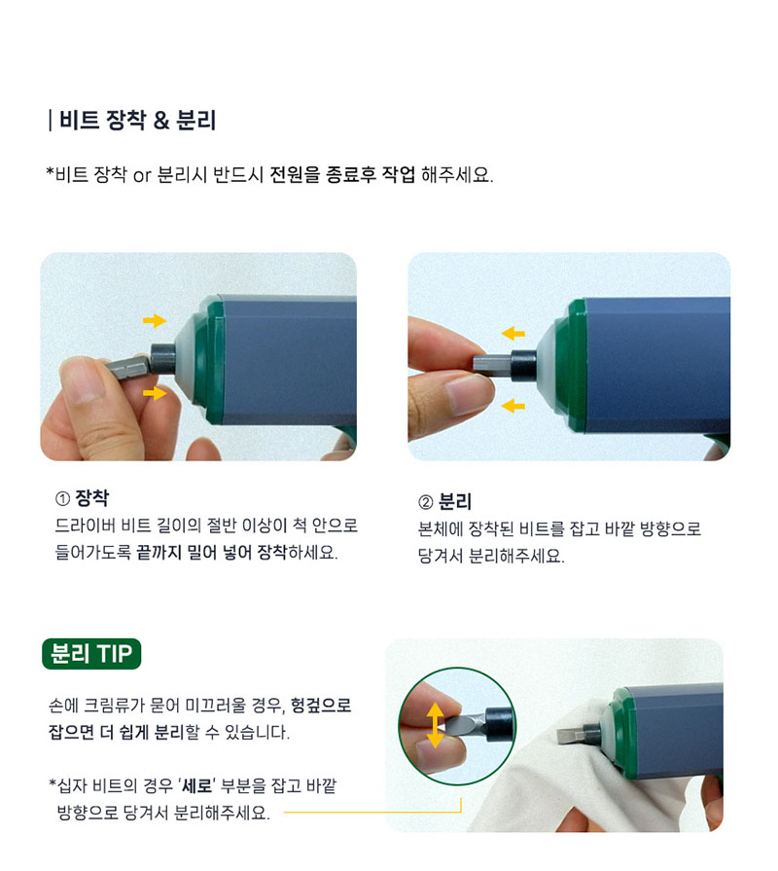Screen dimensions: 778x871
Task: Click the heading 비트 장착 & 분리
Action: [x=138, y=120]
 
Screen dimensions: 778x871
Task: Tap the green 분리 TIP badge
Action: [x=91, y=654]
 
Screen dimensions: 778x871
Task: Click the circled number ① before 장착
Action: [x=62, y=499]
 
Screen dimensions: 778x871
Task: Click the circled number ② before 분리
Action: [x=425, y=503]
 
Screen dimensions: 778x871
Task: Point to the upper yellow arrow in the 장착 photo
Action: [x=155, y=320]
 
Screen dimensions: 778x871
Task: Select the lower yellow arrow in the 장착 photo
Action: [x=155, y=393]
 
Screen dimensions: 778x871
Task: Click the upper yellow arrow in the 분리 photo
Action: [x=513, y=333]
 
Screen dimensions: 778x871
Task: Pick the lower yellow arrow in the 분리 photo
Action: [x=513, y=406]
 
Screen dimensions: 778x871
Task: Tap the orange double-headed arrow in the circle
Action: [x=436, y=725]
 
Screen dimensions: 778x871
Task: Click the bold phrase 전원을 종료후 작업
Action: [x=341, y=175]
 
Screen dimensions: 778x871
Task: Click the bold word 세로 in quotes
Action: [x=198, y=786]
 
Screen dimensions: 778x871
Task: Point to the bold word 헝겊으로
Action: [x=321, y=706]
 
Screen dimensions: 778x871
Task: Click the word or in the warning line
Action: [x=142, y=176]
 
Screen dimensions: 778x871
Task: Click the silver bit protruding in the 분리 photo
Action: [x=492, y=364]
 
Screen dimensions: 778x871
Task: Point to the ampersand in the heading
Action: [x=160, y=121]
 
